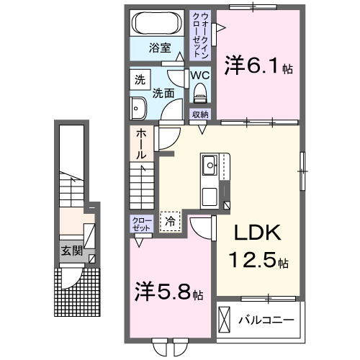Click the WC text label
pos(199,74)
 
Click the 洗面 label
pos(163,92)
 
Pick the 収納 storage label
pos(199,114)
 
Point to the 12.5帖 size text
pos(258,259)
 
